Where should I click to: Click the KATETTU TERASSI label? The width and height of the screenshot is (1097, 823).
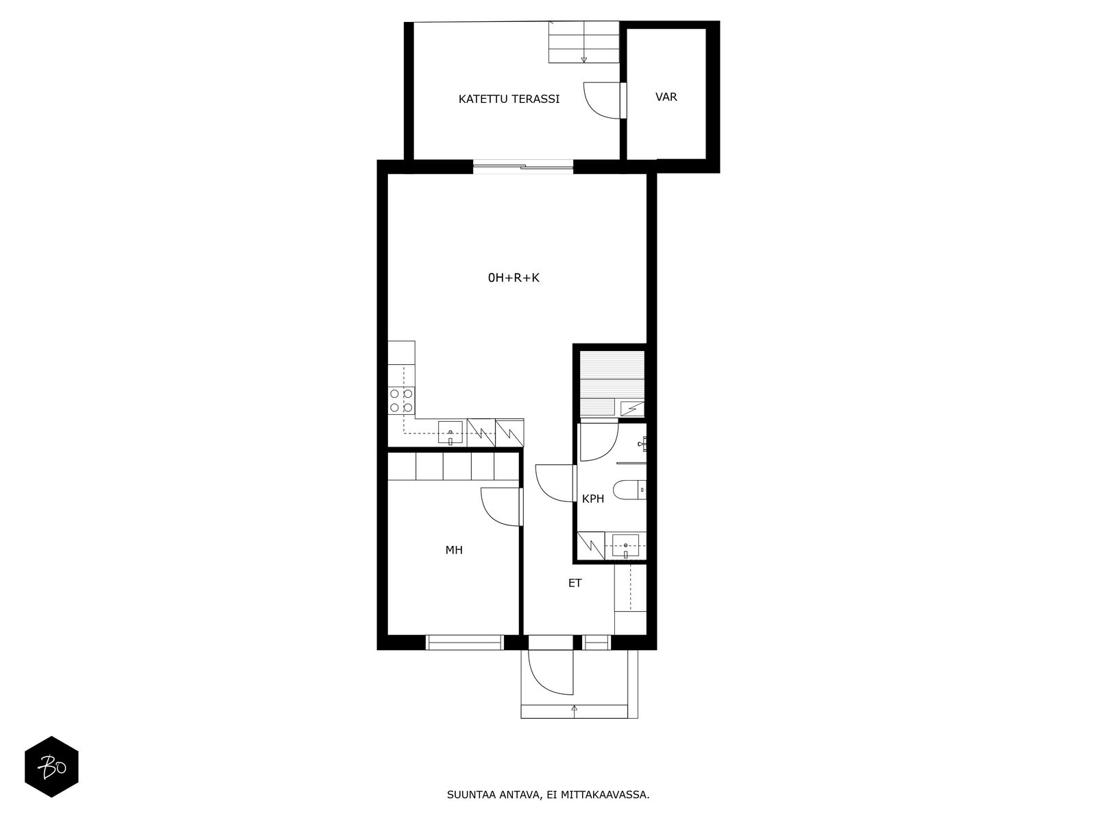[x=509, y=99]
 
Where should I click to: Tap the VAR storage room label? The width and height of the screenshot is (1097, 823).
[x=666, y=97]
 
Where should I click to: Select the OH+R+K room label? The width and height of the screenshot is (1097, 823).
[x=514, y=278]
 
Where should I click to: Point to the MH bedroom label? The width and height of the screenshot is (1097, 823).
[x=454, y=550]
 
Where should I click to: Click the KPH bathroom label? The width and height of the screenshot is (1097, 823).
[x=593, y=499]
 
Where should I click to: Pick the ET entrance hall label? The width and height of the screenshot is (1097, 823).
[x=575, y=583]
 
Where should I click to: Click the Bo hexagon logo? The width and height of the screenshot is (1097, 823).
[x=51, y=767]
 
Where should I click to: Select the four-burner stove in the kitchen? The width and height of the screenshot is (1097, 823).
[x=401, y=401]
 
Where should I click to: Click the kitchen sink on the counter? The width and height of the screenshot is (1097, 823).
[x=450, y=432]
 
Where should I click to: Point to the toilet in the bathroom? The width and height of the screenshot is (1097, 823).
[x=629, y=490]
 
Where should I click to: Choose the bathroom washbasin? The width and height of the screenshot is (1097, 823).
[x=626, y=545]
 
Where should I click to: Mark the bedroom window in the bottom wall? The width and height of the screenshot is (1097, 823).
[x=465, y=642]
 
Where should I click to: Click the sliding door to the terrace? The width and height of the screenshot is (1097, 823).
[x=522, y=167]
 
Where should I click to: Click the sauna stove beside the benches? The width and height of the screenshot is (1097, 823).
[x=632, y=408]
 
